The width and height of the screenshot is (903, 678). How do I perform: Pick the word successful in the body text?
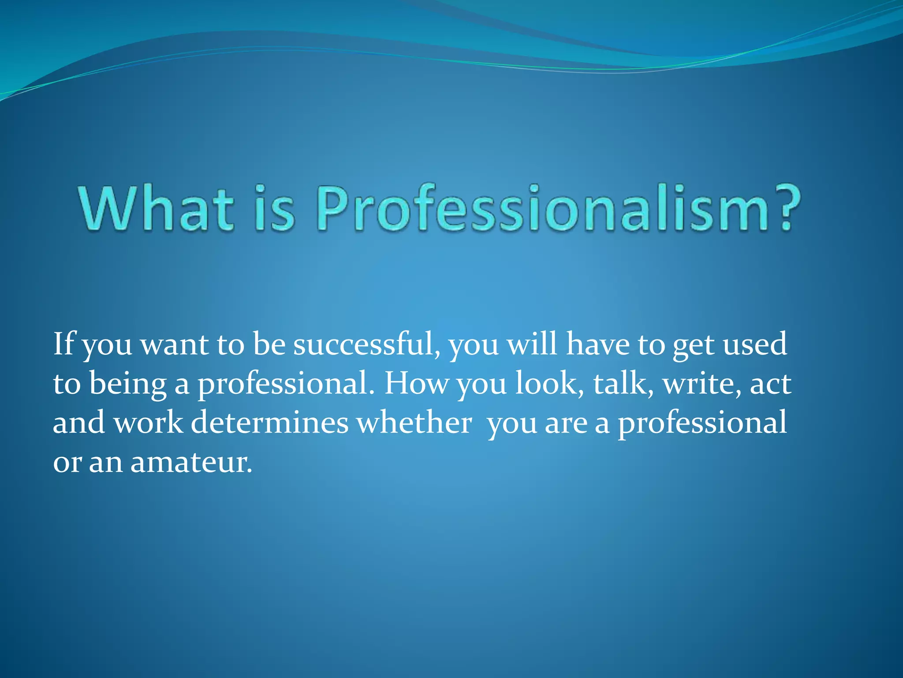tap(366, 344)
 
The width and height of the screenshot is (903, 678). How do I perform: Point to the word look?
tap(546, 383)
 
